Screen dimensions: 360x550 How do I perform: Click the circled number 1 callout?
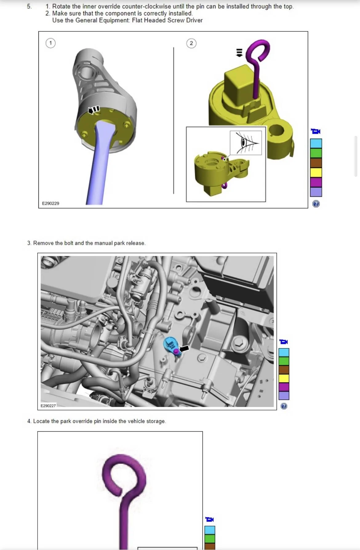pos(50,43)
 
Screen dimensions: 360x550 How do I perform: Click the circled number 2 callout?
pos(191,43)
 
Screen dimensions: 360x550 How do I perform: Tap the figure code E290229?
pos(50,203)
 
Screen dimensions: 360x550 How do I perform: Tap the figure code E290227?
pos(48,406)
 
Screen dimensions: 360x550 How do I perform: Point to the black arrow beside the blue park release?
pos(184,348)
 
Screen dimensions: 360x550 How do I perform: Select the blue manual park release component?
pos(171,346)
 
